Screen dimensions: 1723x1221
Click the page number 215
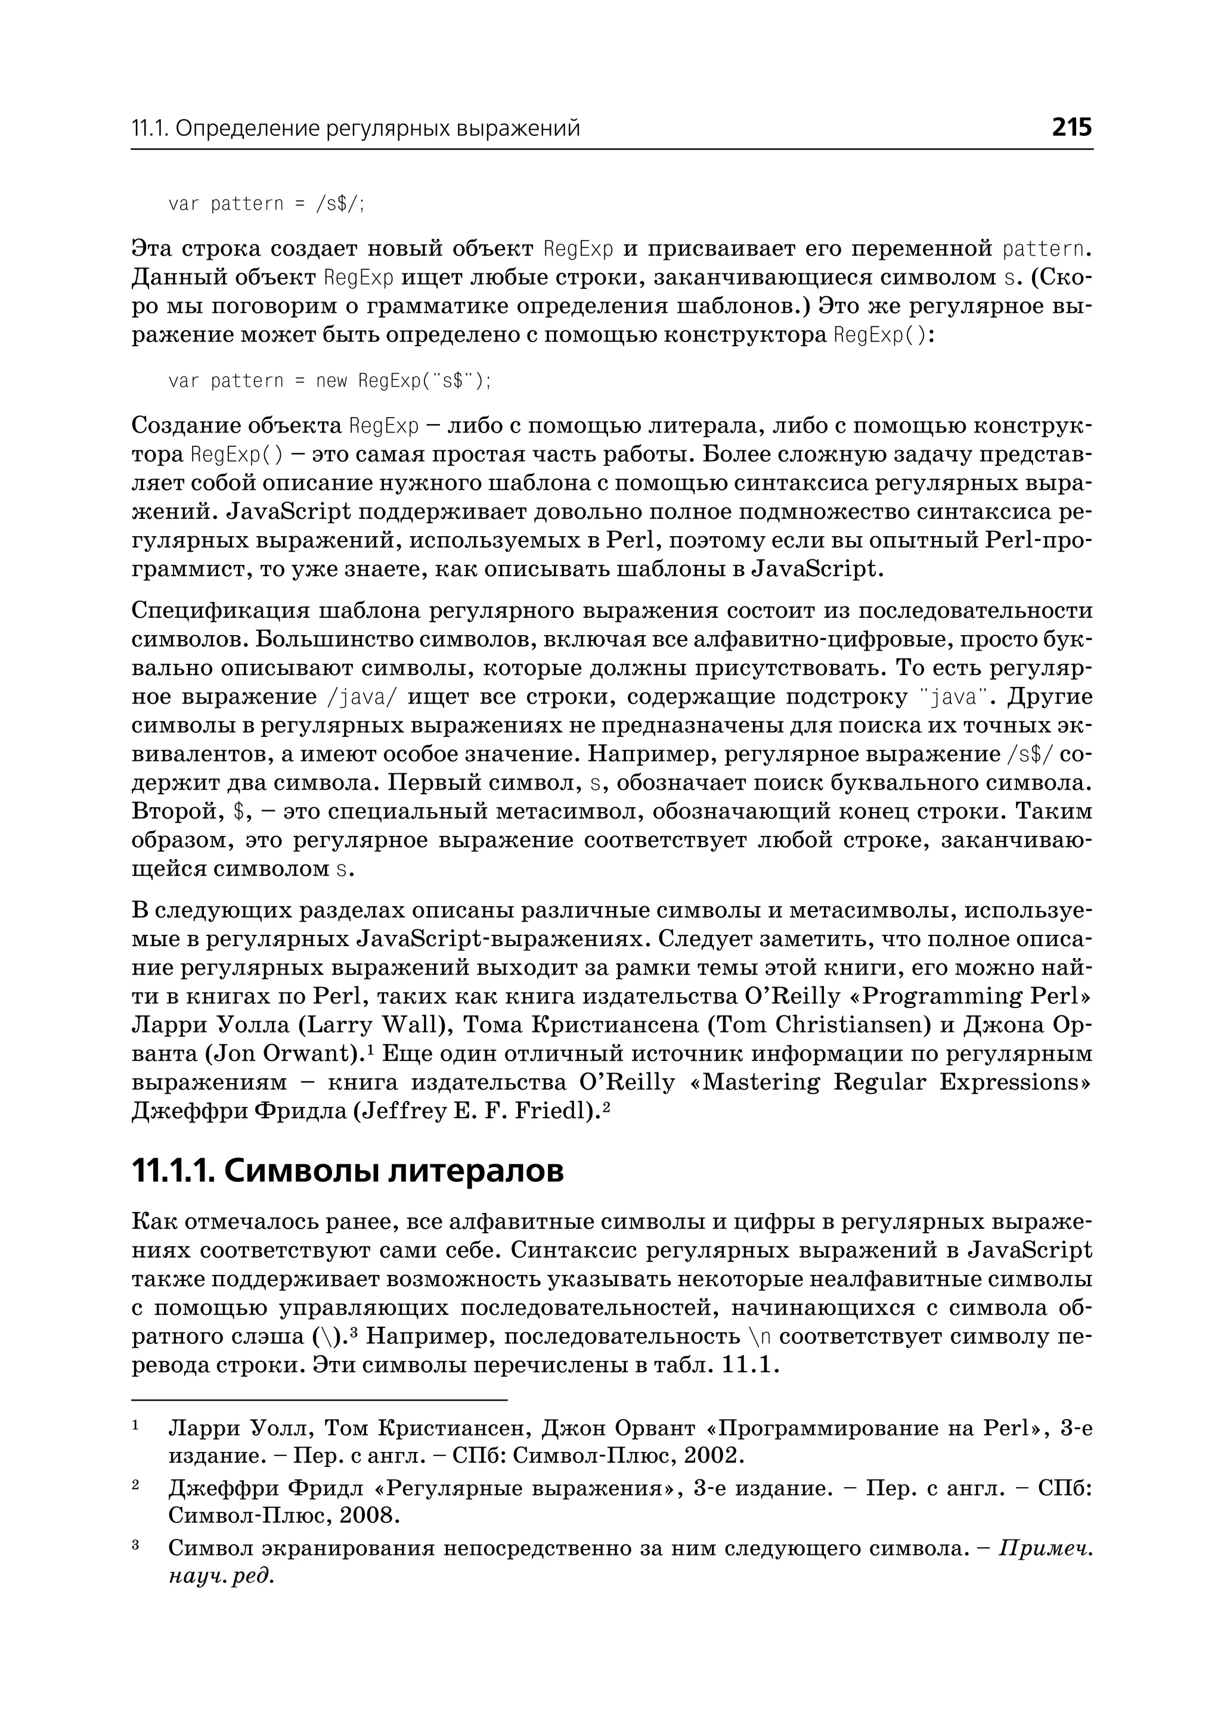(x=1071, y=127)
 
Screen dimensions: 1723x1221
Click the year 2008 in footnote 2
(x=368, y=1516)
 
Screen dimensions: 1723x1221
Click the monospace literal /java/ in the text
(x=362, y=697)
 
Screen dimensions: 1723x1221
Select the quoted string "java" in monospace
(x=953, y=697)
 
